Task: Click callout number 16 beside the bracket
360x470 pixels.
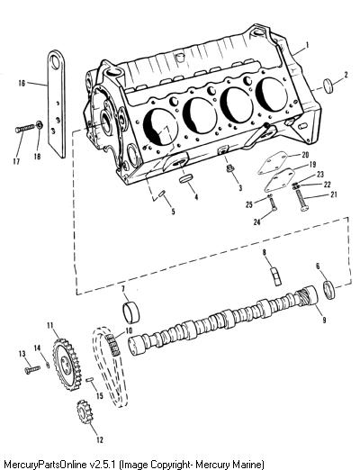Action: point(22,83)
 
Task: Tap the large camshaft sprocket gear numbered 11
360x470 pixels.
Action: point(68,365)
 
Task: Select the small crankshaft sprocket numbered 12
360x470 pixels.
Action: point(85,412)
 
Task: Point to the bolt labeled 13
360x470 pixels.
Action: point(32,369)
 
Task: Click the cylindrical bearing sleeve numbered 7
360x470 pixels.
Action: point(131,312)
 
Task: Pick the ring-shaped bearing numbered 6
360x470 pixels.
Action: point(329,290)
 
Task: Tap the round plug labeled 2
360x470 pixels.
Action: point(328,86)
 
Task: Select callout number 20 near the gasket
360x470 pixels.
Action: point(305,155)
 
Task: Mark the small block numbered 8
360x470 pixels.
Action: point(277,276)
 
